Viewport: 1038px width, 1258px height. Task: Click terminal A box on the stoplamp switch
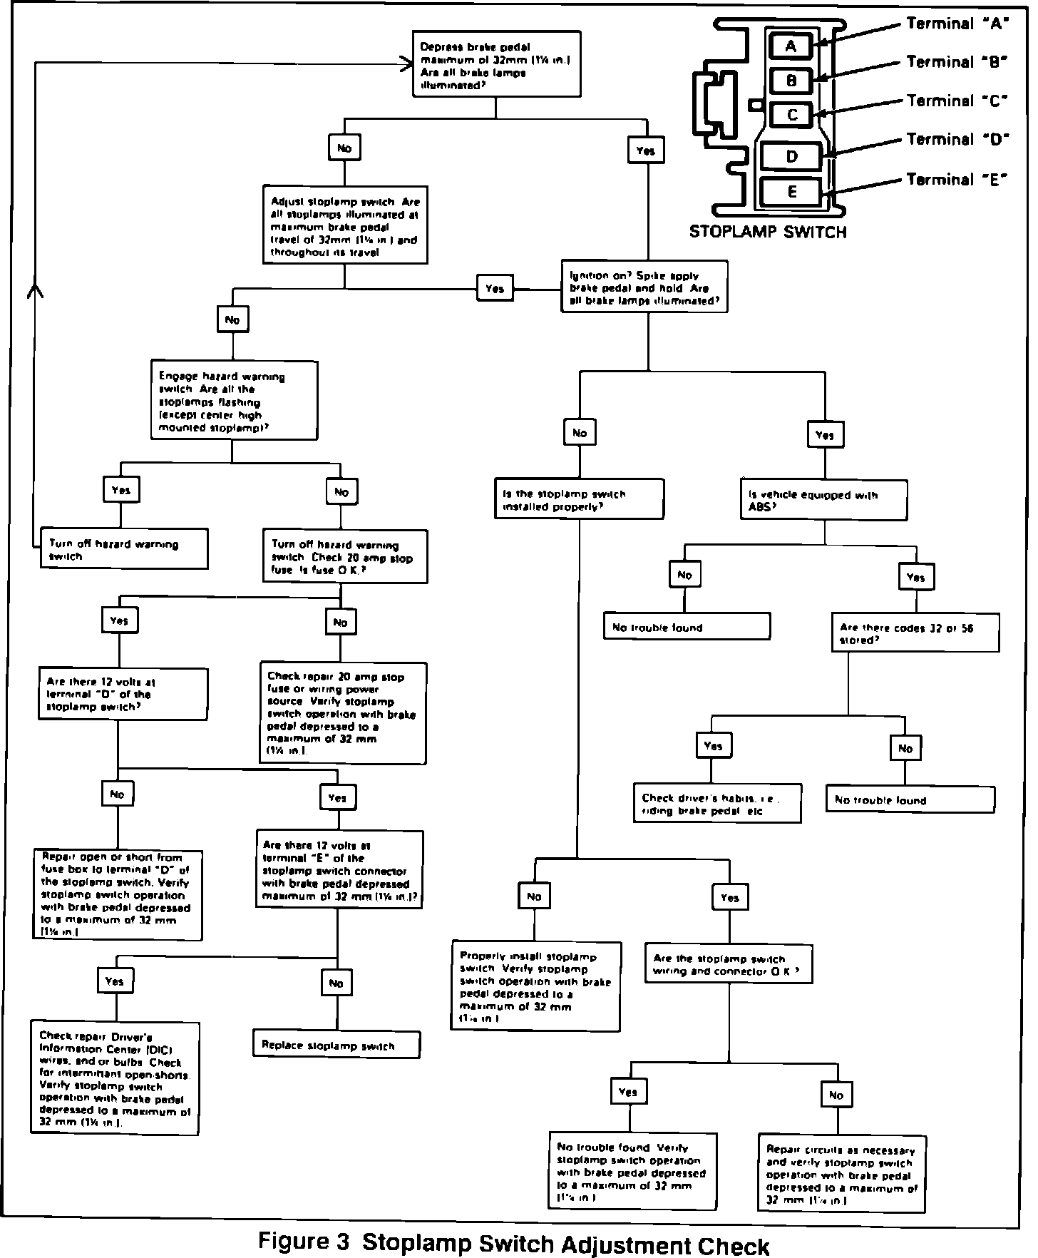[x=790, y=46]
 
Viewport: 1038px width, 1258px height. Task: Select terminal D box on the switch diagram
[x=791, y=156]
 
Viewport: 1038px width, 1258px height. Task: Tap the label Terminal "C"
[x=955, y=101]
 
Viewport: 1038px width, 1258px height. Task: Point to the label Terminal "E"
[x=955, y=179]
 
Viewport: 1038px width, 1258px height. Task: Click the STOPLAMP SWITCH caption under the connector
[x=768, y=232]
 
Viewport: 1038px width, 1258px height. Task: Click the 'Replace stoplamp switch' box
[x=336, y=1045]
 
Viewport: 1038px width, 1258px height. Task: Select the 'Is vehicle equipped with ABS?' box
[x=824, y=500]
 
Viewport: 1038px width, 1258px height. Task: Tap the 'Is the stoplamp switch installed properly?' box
[x=579, y=499]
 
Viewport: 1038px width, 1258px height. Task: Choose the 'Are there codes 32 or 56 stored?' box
[x=915, y=633]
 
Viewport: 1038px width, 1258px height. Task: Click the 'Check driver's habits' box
[x=717, y=804]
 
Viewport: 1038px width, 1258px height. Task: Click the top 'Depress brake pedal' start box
[x=496, y=63]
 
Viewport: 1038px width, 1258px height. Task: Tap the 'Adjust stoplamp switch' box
[x=345, y=225]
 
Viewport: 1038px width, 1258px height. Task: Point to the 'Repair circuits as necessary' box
[x=842, y=1174]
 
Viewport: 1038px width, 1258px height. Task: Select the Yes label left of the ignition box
[x=495, y=288]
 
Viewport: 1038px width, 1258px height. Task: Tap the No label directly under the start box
[x=344, y=148]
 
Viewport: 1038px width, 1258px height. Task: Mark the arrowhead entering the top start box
[x=407, y=63]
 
